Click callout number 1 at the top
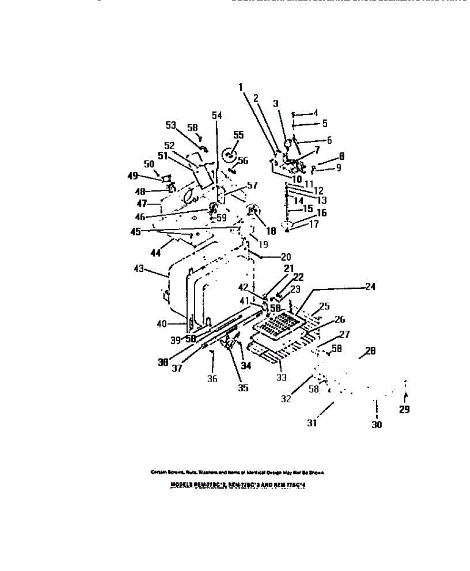pyautogui.click(x=241, y=87)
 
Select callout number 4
pyautogui.click(x=315, y=113)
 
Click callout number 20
pyautogui.click(x=286, y=257)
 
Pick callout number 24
pyautogui.click(x=370, y=287)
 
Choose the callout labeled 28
pyautogui.click(x=370, y=352)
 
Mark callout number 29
pyautogui.click(x=404, y=409)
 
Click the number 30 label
pyautogui.click(x=376, y=425)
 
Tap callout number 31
pyautogui.click(x=312, y=423)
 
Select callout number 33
pyautogui.click(x=281, y=377)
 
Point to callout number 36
pyautogui.click(x=212, y=378)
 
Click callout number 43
pyautogui.click(x=139, y=268)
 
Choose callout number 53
pyautogui.click(x=170, y=125)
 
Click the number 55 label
pyautogui.click(x=238, y=135)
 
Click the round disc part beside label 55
pyautogui.click(x=229, y=154)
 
